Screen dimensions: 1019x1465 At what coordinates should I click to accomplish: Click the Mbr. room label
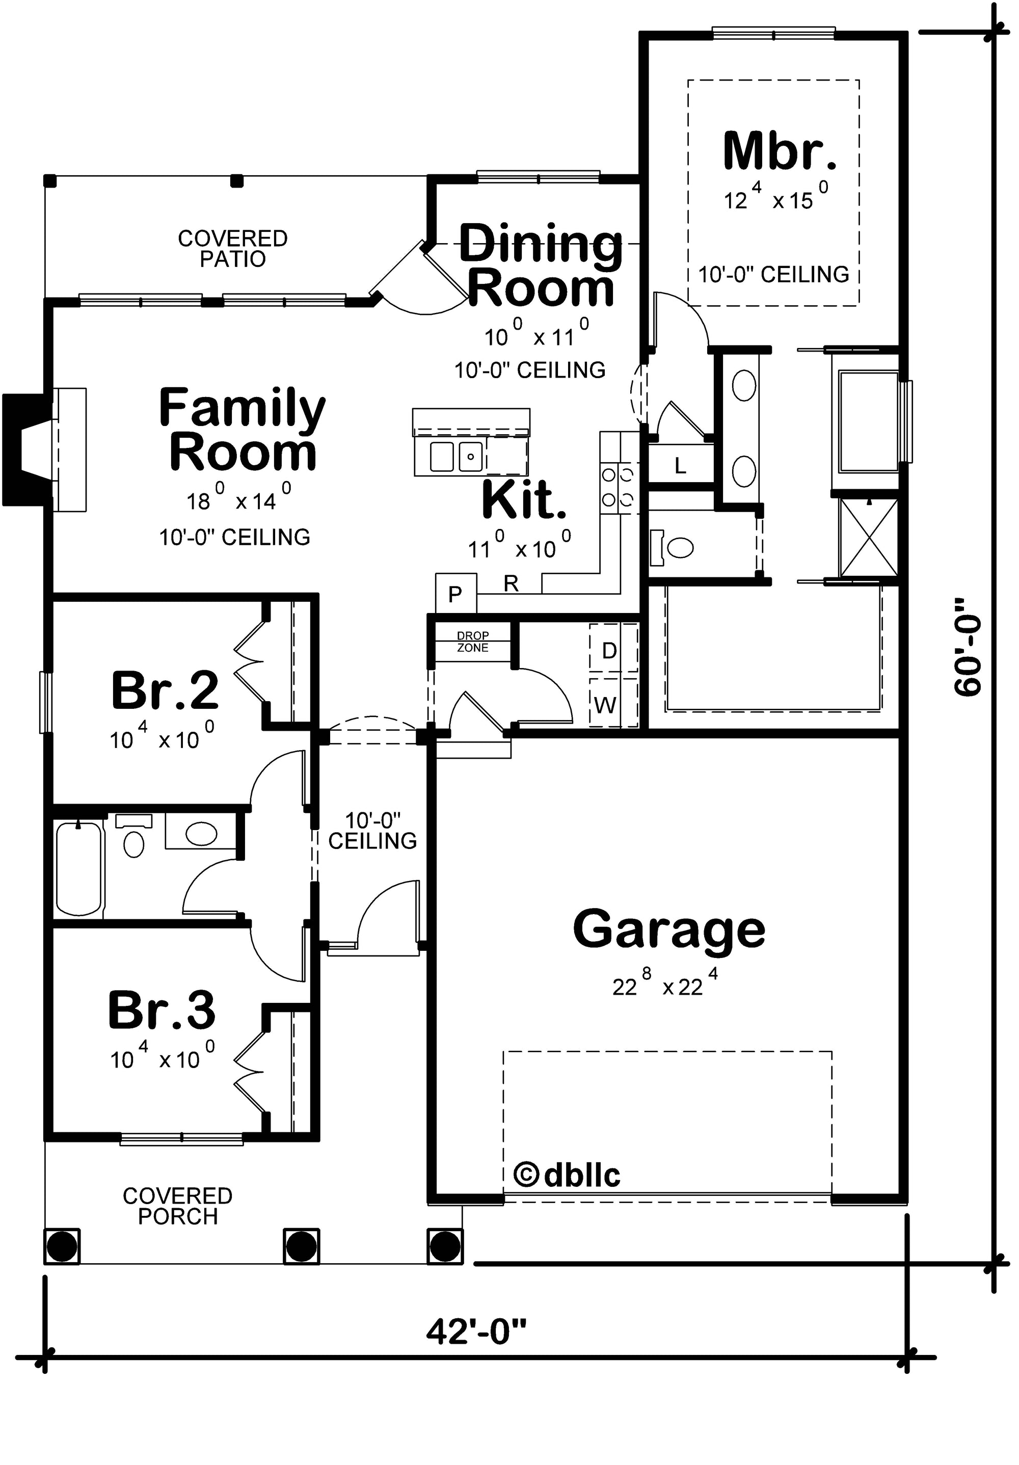(779, 151)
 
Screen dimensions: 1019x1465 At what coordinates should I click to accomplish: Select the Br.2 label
(165, 690)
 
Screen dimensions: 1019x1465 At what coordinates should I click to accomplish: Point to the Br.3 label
(162, 1010)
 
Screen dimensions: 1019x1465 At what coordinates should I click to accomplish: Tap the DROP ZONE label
(473, 641)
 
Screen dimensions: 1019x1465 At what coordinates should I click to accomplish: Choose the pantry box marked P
(455, 594)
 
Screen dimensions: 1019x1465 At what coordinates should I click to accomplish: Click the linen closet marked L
(681, 465)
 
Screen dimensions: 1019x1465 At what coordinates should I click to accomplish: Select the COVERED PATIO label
(232, 248)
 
